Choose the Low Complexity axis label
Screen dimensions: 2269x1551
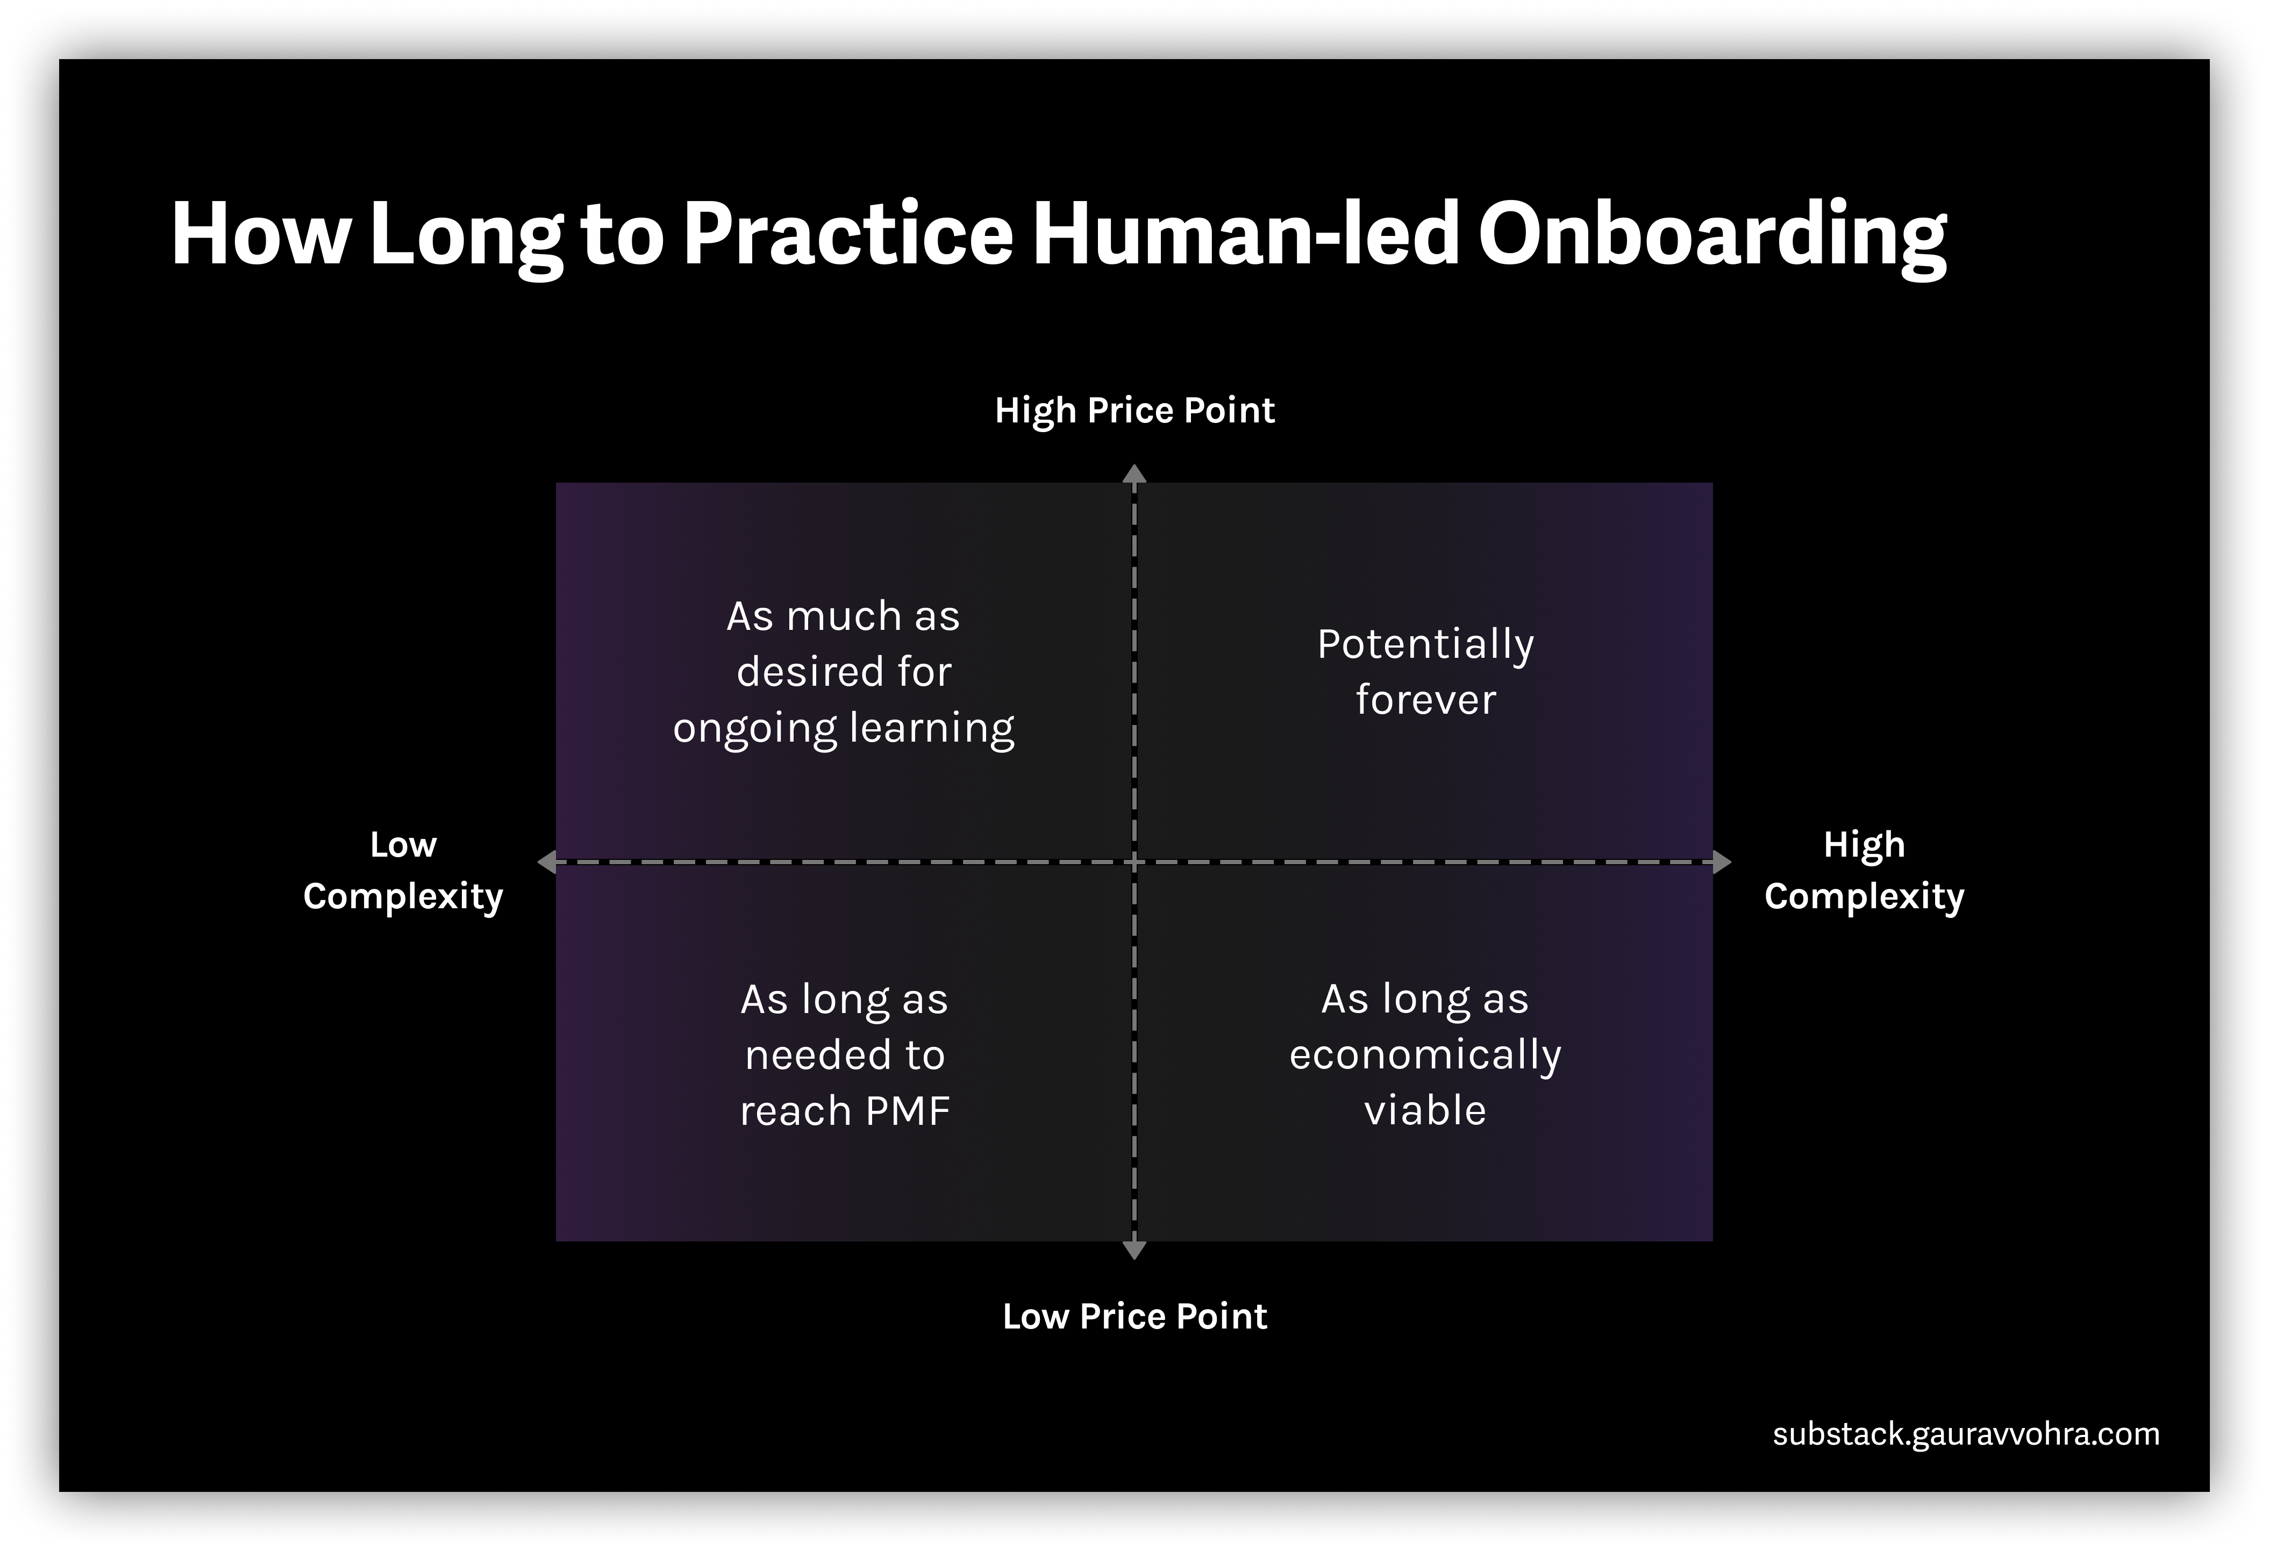[x=403, y=870]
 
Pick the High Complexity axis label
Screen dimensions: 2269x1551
[x=1864, y=870]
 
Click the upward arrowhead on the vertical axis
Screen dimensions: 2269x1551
[x=1133, y=475]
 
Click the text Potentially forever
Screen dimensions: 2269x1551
[x=1425, y=672]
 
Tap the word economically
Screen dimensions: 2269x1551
[x=1425, y=1055]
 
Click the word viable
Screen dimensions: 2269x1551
[x=1425, y=1111]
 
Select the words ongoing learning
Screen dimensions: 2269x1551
[x=844, y=728]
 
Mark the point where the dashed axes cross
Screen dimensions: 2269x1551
[x=1133, y=862]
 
